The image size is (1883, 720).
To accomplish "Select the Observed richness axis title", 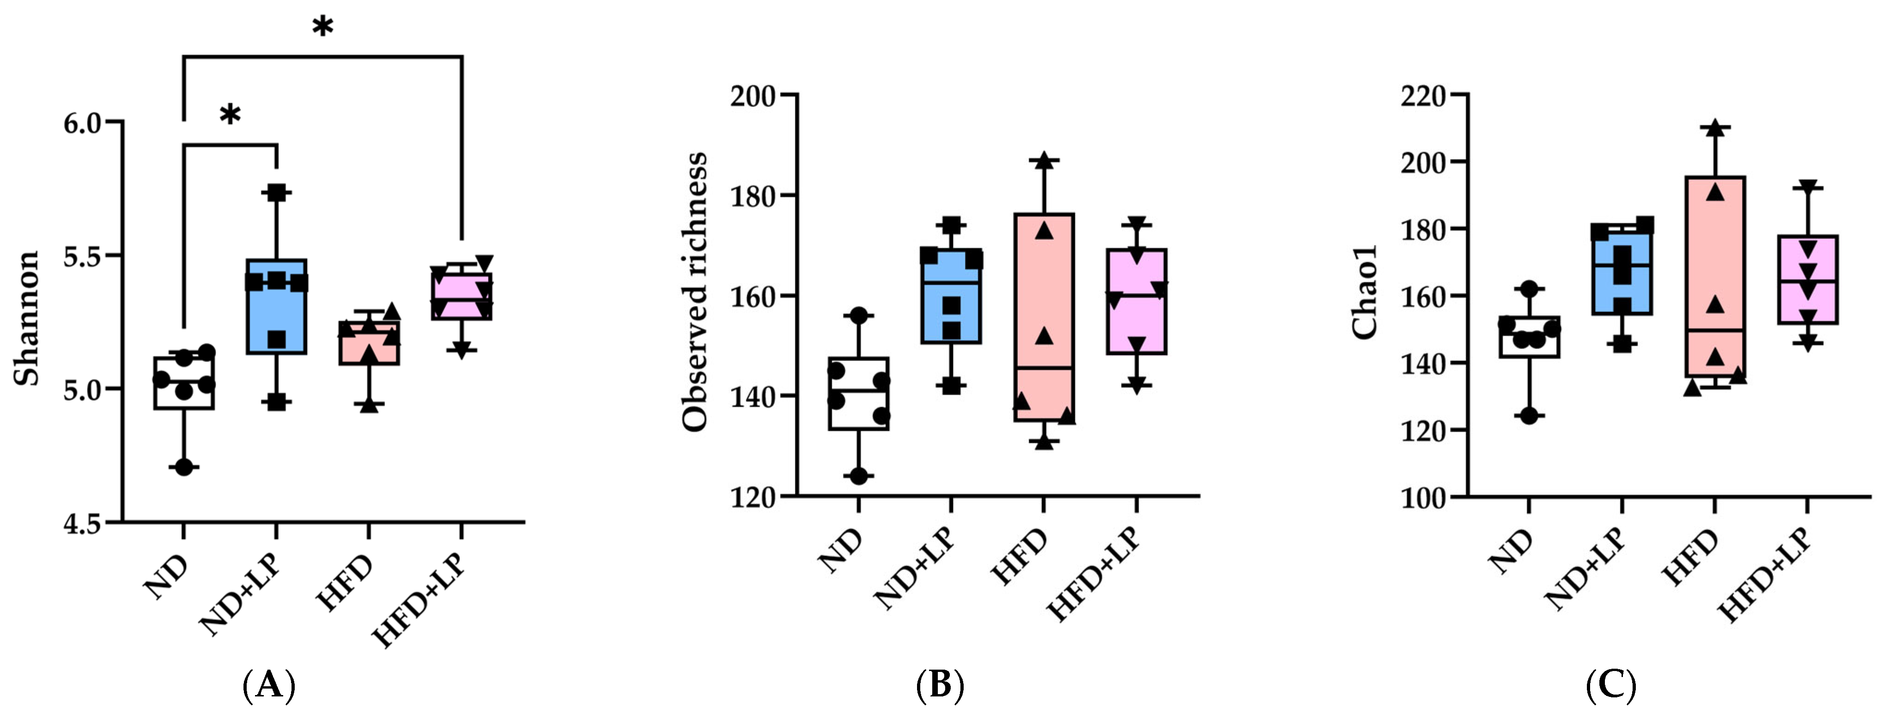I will tap(695, 293).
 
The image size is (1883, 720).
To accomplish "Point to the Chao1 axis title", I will tap(1364, 293).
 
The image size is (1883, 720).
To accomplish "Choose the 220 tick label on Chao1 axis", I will tap(1422, 96).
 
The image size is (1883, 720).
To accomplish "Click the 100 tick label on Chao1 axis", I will tap(1422, 498).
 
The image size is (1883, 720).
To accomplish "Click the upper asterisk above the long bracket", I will tap(322, 28).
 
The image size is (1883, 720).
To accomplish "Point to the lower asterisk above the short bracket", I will tap(230, 115).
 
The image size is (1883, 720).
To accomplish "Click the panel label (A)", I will tap(268, 686).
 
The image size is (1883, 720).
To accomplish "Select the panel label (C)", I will tap(1611, 686).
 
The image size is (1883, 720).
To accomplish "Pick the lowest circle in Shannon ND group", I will tap(184, 467).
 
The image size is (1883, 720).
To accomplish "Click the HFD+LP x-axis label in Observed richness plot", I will tap(1094, 576).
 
